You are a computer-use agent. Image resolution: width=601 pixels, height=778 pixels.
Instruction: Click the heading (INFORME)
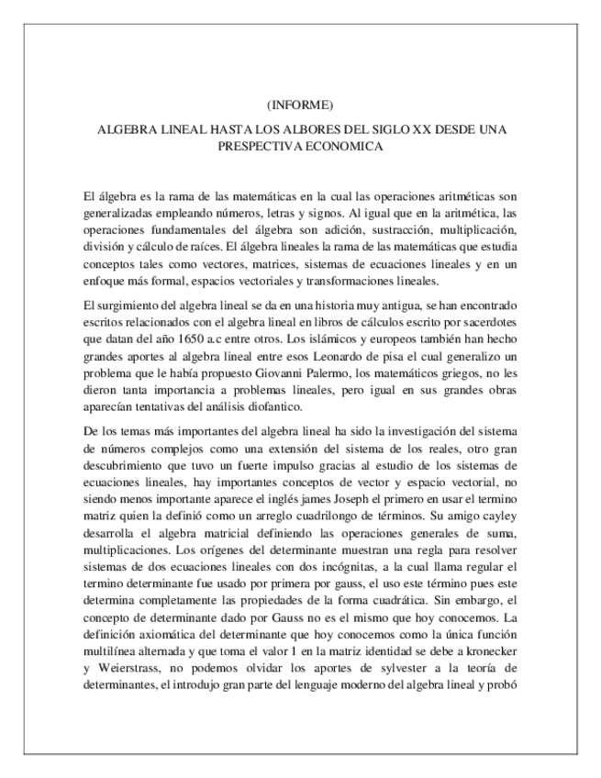click(x=300, y=103)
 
